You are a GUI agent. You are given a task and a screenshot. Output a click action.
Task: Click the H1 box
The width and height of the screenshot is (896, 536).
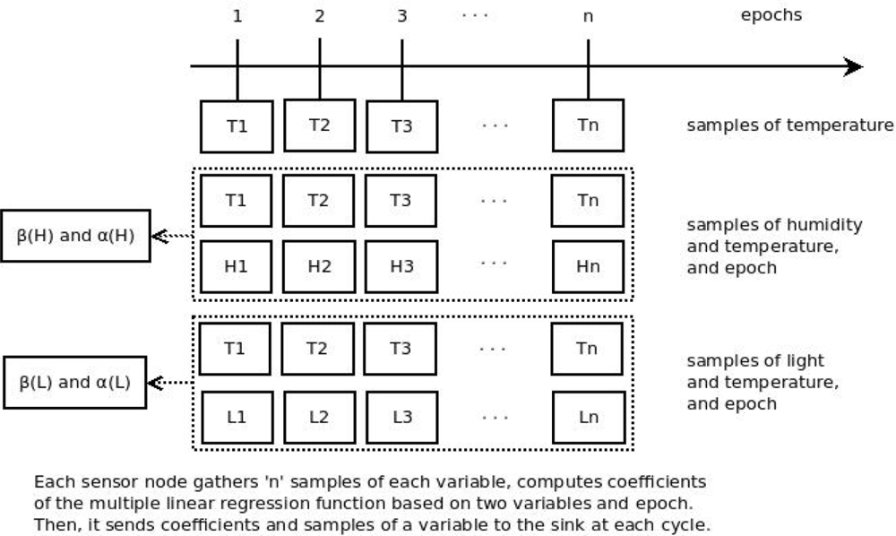237,267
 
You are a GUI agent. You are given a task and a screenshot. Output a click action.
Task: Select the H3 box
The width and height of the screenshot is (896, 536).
401,267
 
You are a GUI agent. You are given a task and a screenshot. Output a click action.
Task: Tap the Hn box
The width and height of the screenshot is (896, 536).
588,267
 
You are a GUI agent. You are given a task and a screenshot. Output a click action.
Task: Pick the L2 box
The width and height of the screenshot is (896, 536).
318,417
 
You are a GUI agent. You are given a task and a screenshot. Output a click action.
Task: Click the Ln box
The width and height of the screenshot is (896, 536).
588,417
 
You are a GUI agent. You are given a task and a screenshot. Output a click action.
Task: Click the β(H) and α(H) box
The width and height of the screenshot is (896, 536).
75,237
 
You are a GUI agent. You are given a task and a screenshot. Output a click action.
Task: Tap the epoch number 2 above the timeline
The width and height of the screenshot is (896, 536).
320,16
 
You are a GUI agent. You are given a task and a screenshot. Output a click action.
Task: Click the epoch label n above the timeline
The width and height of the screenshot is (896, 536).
588,16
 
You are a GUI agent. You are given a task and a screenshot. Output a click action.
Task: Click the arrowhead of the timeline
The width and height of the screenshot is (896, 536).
853,67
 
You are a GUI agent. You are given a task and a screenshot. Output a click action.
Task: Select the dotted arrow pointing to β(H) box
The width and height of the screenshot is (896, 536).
172,237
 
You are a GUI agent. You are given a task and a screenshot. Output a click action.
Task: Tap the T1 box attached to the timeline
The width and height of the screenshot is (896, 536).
237,125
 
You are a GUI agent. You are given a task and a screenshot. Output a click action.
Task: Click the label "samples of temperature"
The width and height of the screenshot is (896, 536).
789,125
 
